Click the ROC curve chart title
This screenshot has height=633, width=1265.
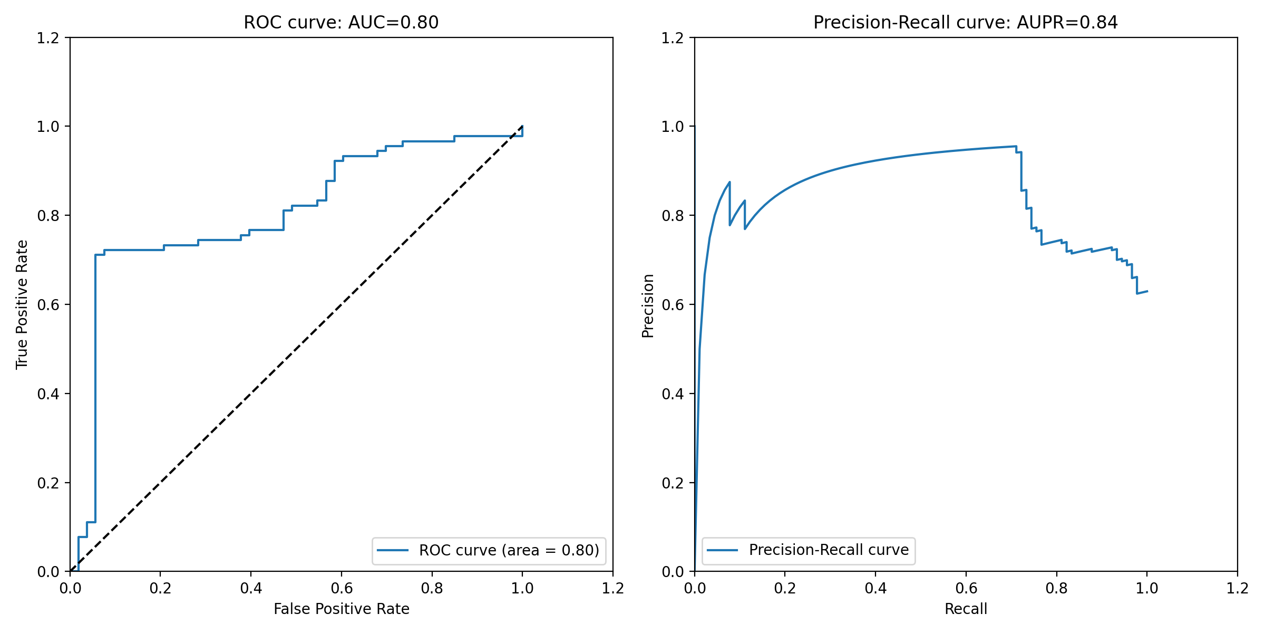click(341, 23)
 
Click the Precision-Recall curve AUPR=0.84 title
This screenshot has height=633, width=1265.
click(965, 23)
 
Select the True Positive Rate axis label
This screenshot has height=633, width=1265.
click(22, 304)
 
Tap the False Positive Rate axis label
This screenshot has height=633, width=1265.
click(341, 609)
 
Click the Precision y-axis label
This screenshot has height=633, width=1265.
click(648, 305)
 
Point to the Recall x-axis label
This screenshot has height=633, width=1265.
click(966, 609)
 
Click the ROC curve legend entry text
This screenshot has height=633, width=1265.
click(509, 550)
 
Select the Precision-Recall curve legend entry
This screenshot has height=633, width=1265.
click(829, 550)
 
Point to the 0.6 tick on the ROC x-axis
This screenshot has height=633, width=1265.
click(342, 588)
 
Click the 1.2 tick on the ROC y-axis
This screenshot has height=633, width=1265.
click(47, 38)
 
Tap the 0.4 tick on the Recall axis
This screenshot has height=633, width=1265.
click(875, 588)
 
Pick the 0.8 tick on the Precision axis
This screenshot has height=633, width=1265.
click(673, 216)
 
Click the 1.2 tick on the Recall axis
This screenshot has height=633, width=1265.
click(1237, 588)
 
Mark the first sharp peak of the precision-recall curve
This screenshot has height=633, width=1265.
click(729, 182)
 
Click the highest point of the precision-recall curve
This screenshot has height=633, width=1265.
click(1016, 146)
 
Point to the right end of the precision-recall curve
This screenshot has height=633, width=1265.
click(1147, 291)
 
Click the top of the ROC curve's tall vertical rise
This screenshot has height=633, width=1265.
click(95, 255)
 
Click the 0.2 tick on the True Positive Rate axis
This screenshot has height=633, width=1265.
click(47, 483)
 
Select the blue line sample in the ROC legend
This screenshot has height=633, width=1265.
click(393, 550)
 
